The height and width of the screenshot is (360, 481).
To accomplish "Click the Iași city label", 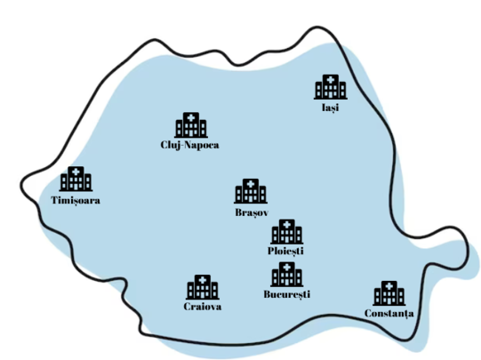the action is click(331, 108).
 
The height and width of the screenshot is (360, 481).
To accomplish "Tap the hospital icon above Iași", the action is click(331, 87).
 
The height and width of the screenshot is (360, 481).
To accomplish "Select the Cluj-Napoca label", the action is click(190, 145).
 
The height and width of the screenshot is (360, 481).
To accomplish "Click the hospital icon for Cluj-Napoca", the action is click(191, 125).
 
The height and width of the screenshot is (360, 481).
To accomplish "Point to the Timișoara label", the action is click(76, 201).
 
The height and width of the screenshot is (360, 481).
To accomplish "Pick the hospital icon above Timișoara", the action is click(76, 179).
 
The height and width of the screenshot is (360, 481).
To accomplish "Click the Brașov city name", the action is click(252, 212).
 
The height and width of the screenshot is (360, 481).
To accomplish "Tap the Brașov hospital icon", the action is click(251, 191).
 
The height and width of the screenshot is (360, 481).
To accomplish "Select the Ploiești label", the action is click(285, 251).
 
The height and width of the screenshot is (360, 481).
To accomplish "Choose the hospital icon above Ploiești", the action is click(287, 232).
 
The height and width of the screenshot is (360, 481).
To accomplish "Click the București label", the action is click(287, 294).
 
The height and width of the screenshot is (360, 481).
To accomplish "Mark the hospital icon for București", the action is click(287, 275).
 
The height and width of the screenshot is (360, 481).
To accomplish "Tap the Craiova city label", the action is click(203, 307).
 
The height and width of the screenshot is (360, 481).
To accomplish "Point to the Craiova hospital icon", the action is click(203, 287).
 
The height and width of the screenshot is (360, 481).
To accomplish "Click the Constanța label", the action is click(389, 314).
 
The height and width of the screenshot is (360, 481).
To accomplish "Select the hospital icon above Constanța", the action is click(389, 293).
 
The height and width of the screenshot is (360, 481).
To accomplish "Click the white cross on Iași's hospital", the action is click(331, 80).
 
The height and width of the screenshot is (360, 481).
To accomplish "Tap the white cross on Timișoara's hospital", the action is click(76, 172).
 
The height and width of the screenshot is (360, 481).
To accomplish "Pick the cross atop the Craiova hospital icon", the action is click(203, 280).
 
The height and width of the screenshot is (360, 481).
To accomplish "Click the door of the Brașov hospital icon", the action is click(251, 199).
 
